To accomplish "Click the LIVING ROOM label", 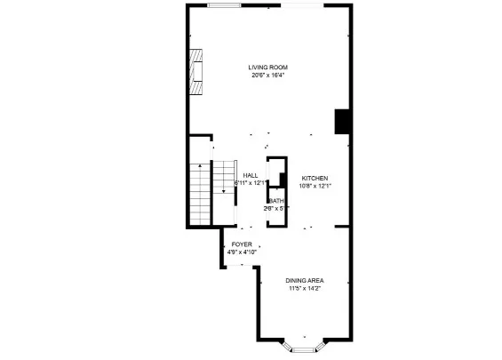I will pyautogui.click(x=267, y=67).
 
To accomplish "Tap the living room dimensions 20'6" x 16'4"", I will pyautogui.click(x=267, y=75).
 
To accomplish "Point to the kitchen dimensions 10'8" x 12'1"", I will pyautogui.click(x=315, y=186).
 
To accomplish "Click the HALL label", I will pyautogui.click(x=251, y=175).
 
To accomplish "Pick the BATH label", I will pyautogui.click(x=277, y=201).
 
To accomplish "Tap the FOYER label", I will pyautogui.click(x=242, y=244).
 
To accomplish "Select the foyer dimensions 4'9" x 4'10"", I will pyautogui.click(x=242, y=252).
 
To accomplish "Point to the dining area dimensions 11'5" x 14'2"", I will pyautogui.click(x=305, y=288).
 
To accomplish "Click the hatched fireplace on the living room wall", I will pyautogui.click(x=195, y=73).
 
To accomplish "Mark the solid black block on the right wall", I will pyautogui.click(x=341, y=122).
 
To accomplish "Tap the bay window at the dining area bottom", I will pyautogui.click(x=305, y=348).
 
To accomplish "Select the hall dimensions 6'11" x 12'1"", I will pyautogui.click(x=251, y=183).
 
